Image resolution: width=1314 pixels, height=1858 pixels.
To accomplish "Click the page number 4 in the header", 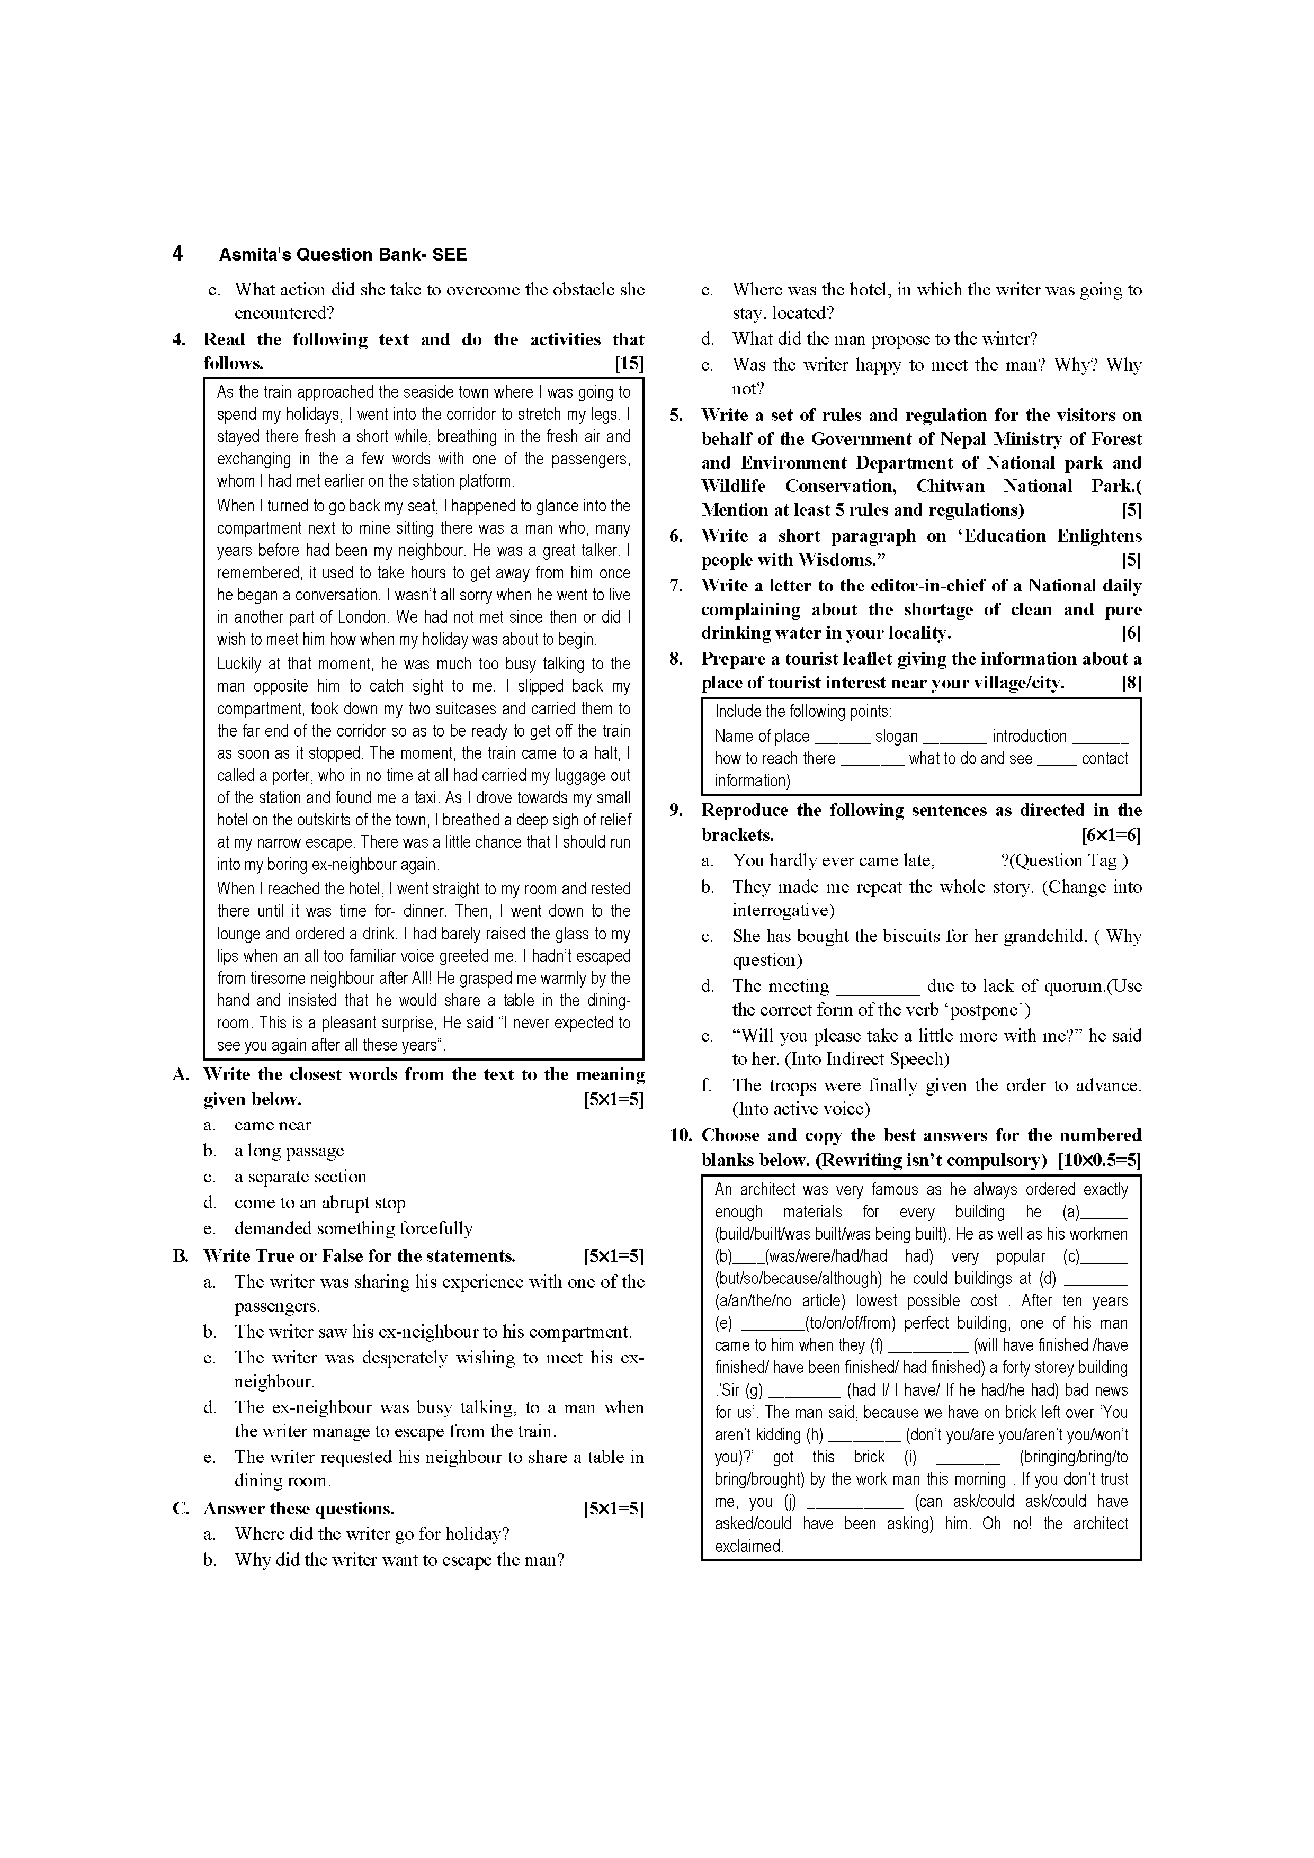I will tap(177, 254).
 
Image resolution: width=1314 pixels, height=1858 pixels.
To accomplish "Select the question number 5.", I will tap(677, 415).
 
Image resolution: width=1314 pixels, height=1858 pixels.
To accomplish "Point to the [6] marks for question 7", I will tap(1131, 633).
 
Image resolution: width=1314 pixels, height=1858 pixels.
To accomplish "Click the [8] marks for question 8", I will tap(1131, 683).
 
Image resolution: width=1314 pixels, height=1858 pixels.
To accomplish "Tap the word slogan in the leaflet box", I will tap(896, 737).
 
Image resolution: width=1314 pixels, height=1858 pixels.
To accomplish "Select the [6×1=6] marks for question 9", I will tap(1111, 835).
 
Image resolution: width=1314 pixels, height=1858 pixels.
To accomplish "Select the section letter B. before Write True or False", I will tap(181, 1256).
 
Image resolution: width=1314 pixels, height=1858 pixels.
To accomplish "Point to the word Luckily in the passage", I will tap(240, 663).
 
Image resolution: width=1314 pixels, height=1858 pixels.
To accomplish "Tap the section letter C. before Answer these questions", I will tap(181, 1509).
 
